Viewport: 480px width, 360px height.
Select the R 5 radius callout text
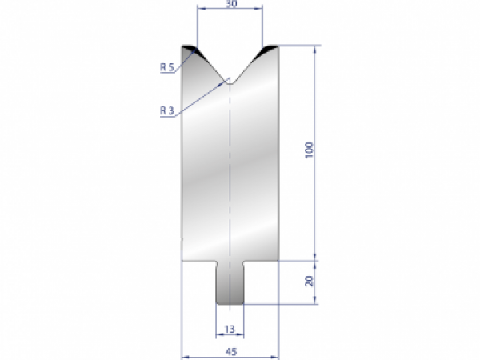(x=166, y=67)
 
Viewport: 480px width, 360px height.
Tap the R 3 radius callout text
(x=166, y=110)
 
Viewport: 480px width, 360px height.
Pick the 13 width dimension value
(x=230, y=329)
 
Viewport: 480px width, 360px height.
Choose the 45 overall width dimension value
(x=230, y=349)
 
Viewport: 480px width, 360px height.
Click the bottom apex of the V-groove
(x=230, y=79)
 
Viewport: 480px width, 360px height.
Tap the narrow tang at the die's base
(x=230, y=283)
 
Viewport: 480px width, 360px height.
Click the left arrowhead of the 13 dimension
(x=218, y=335)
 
